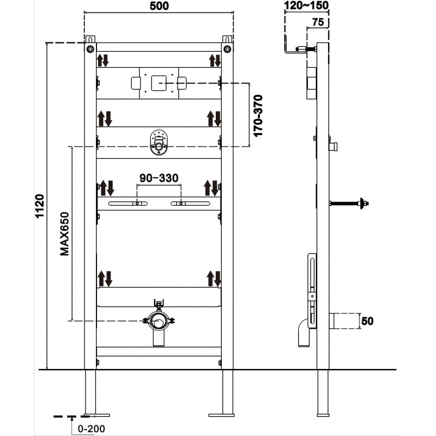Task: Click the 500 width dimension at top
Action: [159, 6]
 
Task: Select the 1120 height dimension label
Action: [39, 207]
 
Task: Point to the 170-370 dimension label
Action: [258, 116]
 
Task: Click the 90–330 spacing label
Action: [159, 178]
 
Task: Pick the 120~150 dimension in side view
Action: [306, 6]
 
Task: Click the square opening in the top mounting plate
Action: [159, 83]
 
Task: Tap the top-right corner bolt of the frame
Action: [227, 49]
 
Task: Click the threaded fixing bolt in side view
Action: [349, 204]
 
